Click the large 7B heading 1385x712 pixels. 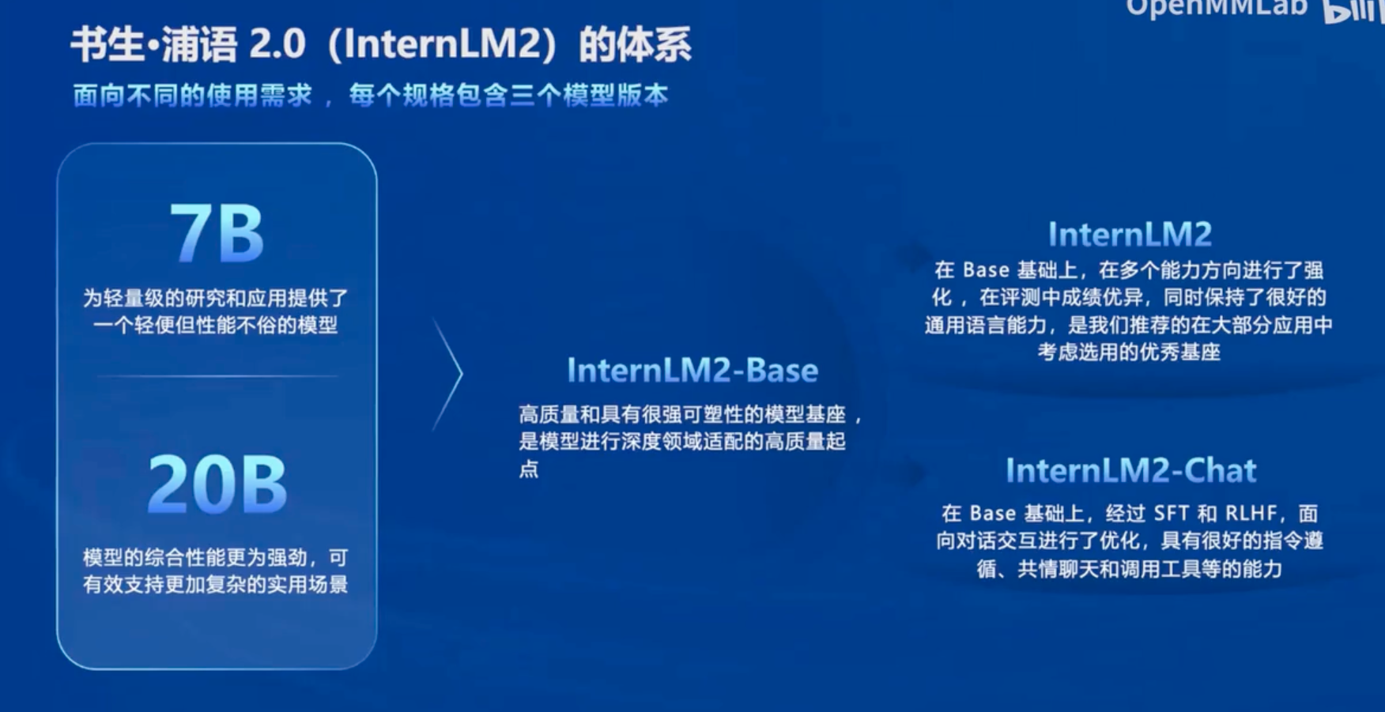pyautogui.click(x=217, y=233)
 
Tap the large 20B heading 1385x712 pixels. pyautogui.click(x=217, y=484)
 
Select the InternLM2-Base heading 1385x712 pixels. pyautogui.click(x=692, y=371)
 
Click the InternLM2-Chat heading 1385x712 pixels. pyautogui.click(x=1130, y=471)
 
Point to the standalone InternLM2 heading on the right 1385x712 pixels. pyautogui.click(x=1130, y=235)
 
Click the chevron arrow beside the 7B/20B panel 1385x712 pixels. pyautogui.click(x=448, y=374)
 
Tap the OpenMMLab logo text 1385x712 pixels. pyautogui.click(x=1217, y=8)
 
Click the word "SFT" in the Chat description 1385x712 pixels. pyautogui.click(x=1171, y=514)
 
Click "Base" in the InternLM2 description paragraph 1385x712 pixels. pyautogui.click(x=986, y=270)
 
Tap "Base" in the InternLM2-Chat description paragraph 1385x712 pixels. pyautogui.click(x=993, y=514)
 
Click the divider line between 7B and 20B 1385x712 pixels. pyautogui.click(x=217, y=376)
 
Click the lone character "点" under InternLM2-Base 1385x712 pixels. pyautogui.click(x=529, y=469)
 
